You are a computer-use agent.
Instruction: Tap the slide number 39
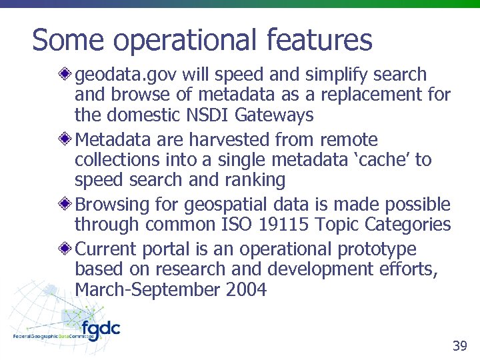point(459,345)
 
